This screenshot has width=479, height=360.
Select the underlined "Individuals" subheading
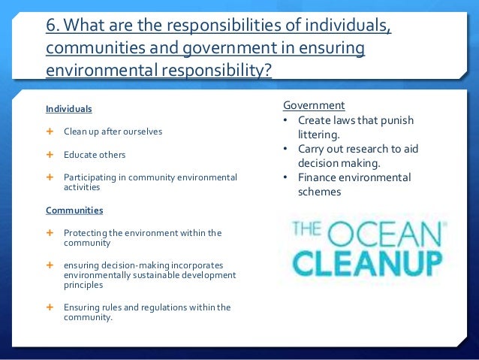point(68,109)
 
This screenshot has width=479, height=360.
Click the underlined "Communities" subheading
point(74,210)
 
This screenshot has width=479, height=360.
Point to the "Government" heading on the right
point(314,105)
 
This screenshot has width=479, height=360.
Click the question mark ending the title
point(269,71)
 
